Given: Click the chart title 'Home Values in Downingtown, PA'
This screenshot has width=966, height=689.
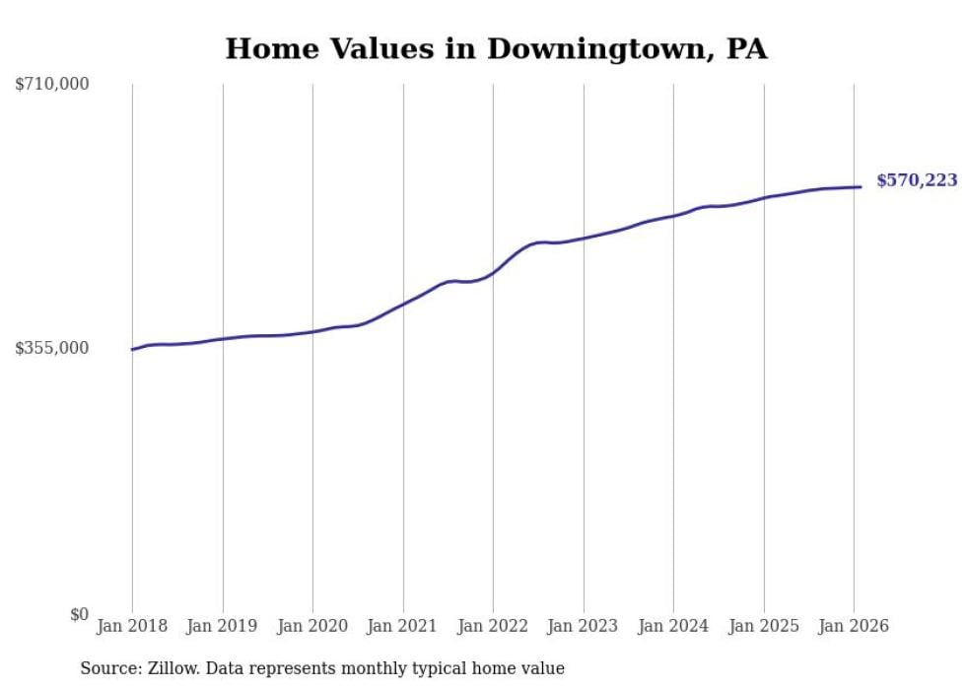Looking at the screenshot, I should (496, 48).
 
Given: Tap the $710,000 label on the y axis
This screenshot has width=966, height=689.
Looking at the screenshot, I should (52, 85).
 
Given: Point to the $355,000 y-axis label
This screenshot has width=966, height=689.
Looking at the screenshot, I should (52, 348).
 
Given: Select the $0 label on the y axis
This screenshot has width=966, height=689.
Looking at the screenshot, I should (79, 614).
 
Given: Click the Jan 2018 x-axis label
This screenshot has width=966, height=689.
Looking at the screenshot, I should (132, 626).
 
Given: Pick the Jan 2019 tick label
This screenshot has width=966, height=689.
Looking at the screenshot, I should (223, 626).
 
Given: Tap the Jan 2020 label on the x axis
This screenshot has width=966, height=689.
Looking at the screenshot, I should (312, 626).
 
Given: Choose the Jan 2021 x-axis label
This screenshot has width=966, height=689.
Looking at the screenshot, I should (403, 626).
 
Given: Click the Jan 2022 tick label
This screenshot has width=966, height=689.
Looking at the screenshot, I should (493, 626).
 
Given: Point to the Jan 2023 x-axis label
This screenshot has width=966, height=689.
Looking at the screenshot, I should (584, 626).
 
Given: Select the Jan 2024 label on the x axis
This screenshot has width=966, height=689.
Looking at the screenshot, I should (673, 626).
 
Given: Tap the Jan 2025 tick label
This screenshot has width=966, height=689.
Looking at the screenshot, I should (764, 626).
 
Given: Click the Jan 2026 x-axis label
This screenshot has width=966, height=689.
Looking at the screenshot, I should (854, 626).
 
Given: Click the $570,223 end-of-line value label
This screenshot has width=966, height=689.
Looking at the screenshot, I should (917, 180).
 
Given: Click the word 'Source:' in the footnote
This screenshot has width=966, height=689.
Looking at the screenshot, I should (107, 668).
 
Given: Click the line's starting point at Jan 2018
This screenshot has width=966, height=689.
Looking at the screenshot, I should (132, 349).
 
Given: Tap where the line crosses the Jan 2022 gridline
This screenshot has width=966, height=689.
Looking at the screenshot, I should (493, 271).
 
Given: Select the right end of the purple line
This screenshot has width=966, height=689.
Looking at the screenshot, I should (861, 186).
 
